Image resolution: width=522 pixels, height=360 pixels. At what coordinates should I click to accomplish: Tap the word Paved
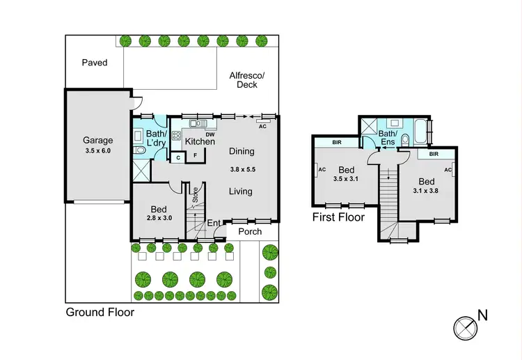(x=95, y=63)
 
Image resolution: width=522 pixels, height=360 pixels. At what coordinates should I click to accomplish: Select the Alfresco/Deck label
(x=247, y=80)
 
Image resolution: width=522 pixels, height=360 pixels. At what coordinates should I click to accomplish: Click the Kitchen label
(x=200, y=141)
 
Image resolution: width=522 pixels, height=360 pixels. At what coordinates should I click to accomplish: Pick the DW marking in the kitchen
(x=210, y=134)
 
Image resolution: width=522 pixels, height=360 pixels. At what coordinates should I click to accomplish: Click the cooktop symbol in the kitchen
(x=177, y=136)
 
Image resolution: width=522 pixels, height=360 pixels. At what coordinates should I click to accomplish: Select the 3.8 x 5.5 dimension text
(x=243, y=169)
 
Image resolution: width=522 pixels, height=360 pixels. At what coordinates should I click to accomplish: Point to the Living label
(x=241, y=191)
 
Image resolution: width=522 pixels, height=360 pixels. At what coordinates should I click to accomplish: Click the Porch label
(x=249, y=232)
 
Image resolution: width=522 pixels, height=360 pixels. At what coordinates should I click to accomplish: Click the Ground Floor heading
(x=100, y=313)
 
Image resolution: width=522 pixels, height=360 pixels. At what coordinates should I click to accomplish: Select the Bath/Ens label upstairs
(x=388, y=137)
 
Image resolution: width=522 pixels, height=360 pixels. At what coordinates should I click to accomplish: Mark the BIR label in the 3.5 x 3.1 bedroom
(x=337, y=142)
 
